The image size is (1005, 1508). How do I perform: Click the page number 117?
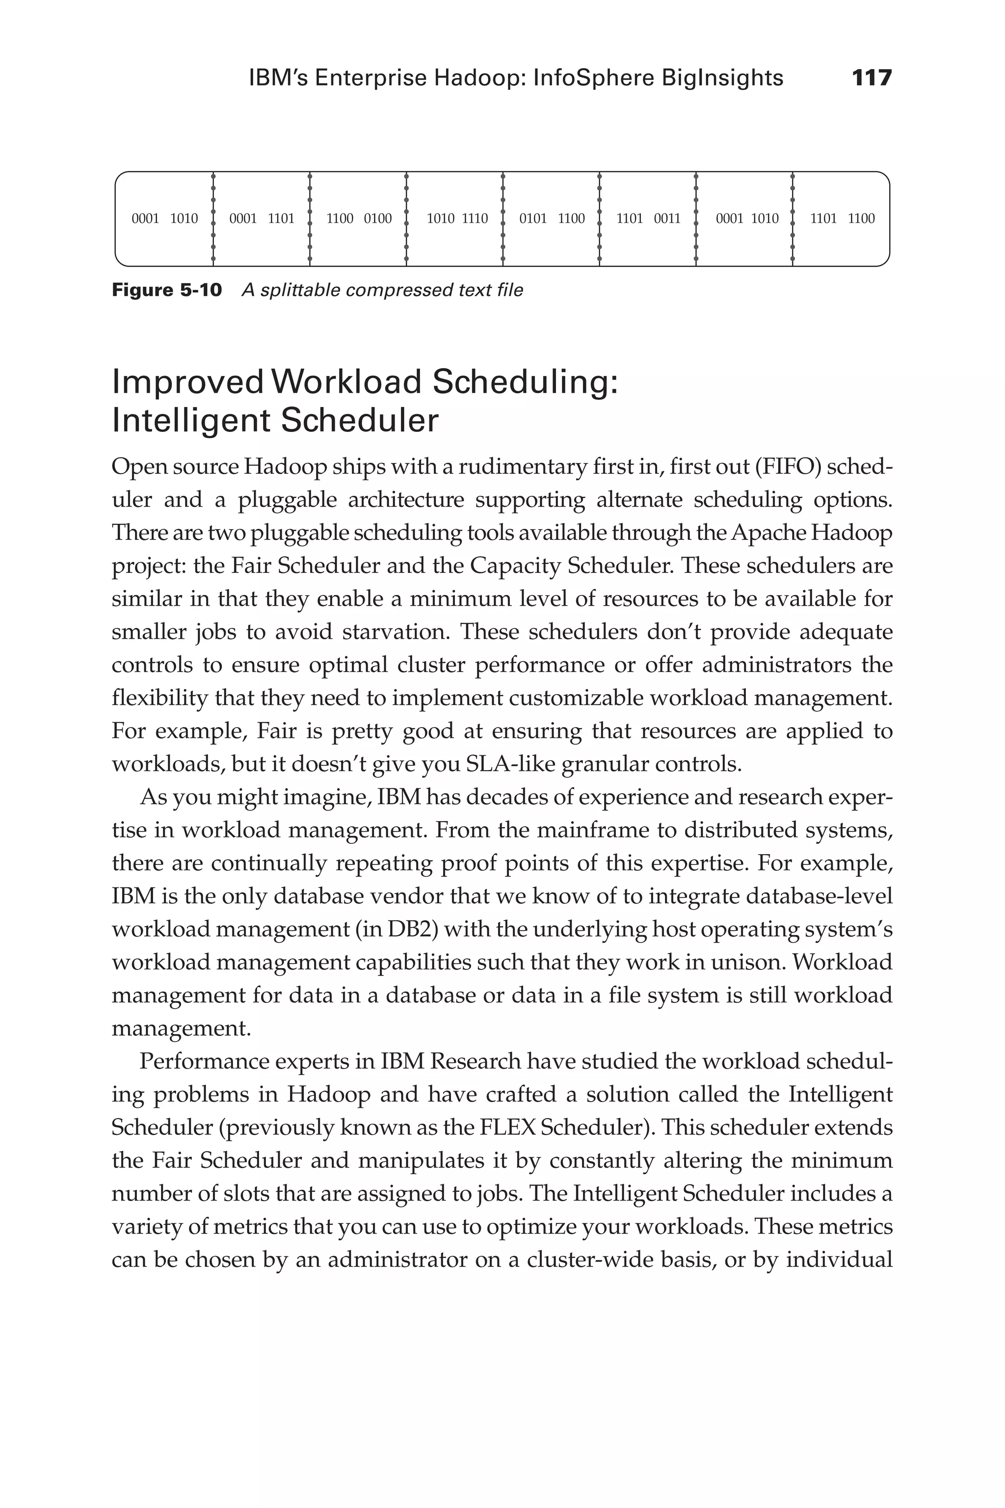pyautogui.click(x=872, y=78)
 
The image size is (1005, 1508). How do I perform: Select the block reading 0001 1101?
pyautogui.click(x=262, y=218)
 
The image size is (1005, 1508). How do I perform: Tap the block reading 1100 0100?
pyautogui.click(x=359, y=218)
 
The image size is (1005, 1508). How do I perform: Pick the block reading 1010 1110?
pyautogui.click(x=457, y=218)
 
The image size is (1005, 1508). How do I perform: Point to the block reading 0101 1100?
pyautogui.click(x=552, y=218)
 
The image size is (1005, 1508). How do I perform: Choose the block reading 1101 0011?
pyautogui.click(x=648, y=218)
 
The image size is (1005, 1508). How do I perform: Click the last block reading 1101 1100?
pyautogui.click(x=842, y=218)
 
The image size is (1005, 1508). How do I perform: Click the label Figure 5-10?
pyautogui.click(x=167, y=291)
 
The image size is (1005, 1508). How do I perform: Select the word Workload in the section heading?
pyautogui.click(x=347, y=383)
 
